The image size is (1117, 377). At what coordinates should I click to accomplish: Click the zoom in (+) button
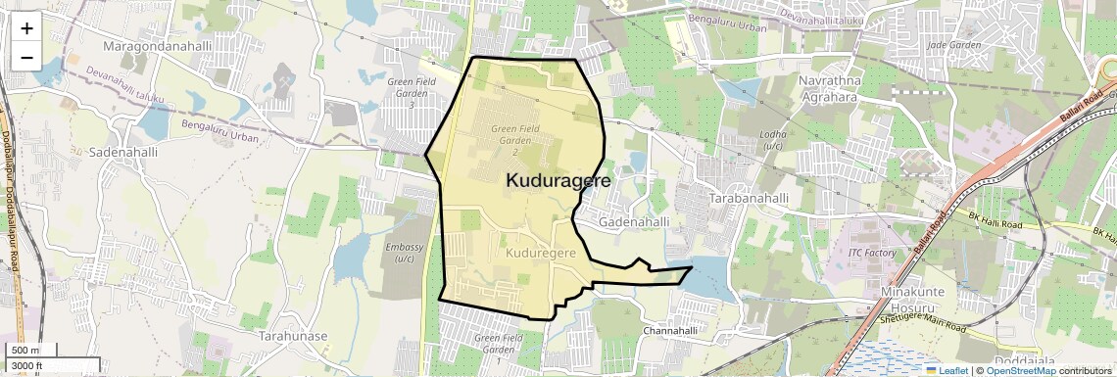(26, 27)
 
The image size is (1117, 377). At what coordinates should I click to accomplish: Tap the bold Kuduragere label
(558, 181)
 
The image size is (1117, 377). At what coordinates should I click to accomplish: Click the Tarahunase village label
(292, 335)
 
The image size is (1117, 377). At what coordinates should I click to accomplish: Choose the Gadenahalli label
(634, 222)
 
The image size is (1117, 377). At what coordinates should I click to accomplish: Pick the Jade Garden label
(953, 45)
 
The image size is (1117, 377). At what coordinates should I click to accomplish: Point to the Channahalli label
(675, 331)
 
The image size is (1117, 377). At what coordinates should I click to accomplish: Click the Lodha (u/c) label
(773, 140)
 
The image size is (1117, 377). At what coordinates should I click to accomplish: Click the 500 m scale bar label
(25, 351)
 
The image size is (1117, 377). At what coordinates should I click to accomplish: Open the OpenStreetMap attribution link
(1020, 370)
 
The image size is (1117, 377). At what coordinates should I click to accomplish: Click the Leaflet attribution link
(947, 370)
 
